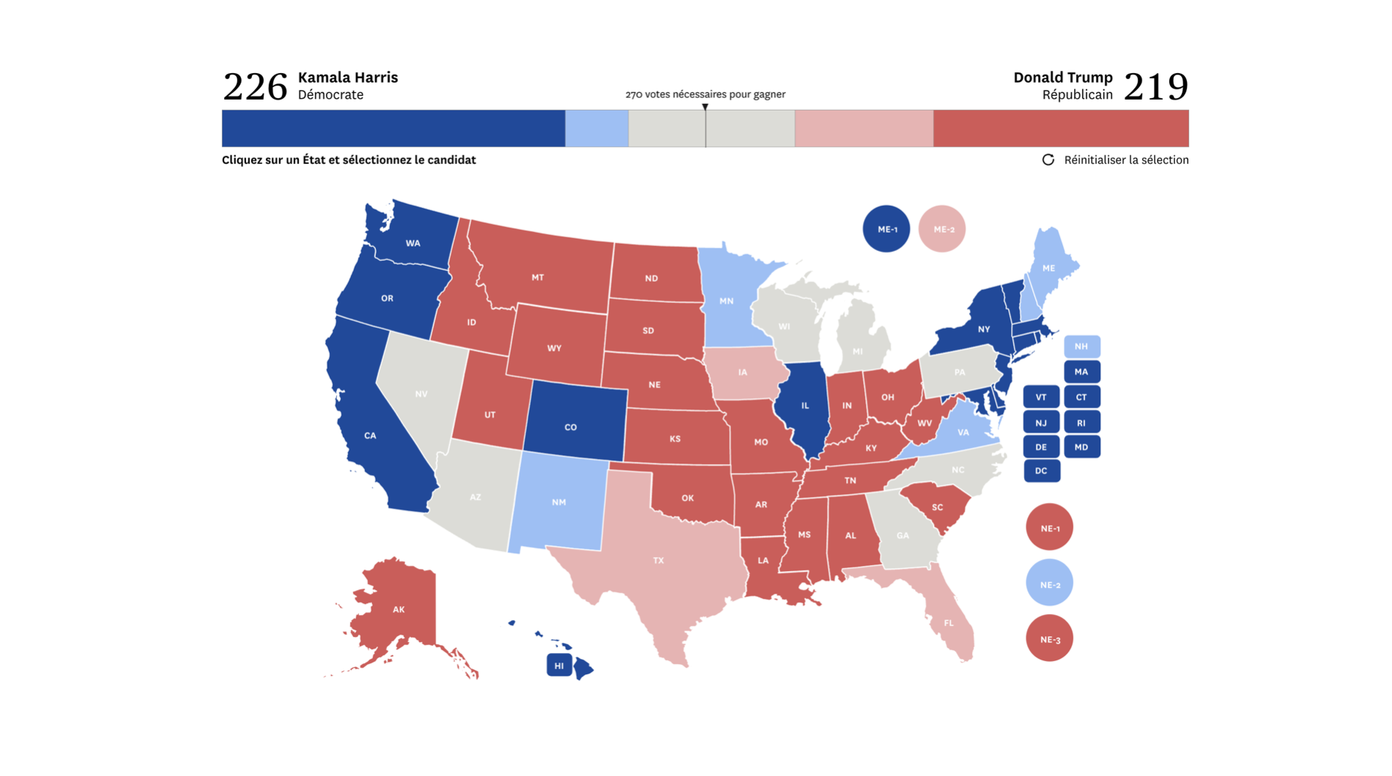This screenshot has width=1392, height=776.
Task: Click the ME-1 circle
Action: (886, 229)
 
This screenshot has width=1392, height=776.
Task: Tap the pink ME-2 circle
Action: (942, 229)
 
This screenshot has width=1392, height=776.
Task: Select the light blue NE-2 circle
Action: (1049, 583)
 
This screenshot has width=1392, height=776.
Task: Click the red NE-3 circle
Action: (1049, 639)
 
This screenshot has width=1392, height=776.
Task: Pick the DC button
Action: (1041, 471)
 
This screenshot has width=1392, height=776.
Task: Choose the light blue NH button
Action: (1081, 346)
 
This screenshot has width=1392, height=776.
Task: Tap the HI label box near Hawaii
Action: (559, 665)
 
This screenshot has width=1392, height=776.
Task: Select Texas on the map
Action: (659, 561)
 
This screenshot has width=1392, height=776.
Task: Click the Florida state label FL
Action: (949, 623)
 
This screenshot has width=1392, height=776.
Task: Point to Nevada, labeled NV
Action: (421, 394)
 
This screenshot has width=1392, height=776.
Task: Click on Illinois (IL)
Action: (804, 405)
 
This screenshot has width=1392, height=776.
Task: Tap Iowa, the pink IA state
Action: (743, 373)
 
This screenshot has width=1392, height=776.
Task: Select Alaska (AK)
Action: (398, 609)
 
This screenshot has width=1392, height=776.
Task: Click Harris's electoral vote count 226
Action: (255, 86)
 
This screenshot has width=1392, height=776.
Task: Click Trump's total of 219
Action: (1155, 86)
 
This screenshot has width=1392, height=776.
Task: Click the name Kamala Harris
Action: (348, 77)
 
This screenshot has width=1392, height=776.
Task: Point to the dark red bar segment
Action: (1060, 129)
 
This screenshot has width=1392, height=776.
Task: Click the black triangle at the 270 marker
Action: (705, 107)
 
